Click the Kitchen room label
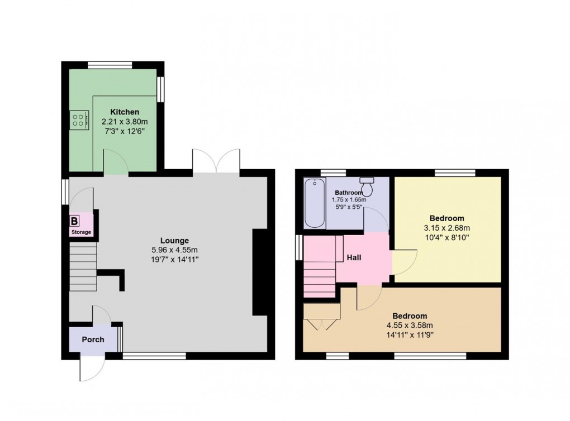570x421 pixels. coord(124,112)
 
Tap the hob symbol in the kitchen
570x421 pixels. coord(79,119)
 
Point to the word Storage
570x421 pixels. coord(80,232)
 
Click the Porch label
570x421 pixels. coord(93,339)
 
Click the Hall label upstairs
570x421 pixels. coord(354,258)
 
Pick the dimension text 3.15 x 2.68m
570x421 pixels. coord(446,228)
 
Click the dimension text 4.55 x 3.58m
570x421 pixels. coord(410,326)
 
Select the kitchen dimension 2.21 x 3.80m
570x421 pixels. coord(125,121)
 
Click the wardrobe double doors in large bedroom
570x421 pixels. coord(322,324)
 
